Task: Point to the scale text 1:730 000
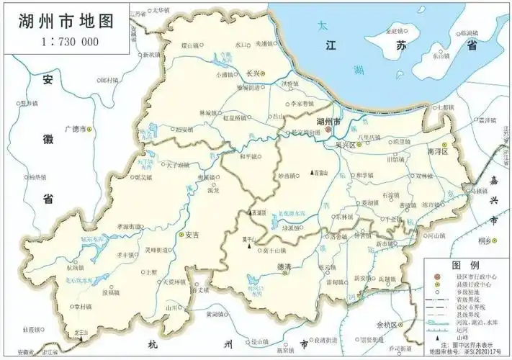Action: click(x=63, y=40)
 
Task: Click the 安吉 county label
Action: click(x=192, y=235)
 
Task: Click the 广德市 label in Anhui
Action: click(x=74, y=130)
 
